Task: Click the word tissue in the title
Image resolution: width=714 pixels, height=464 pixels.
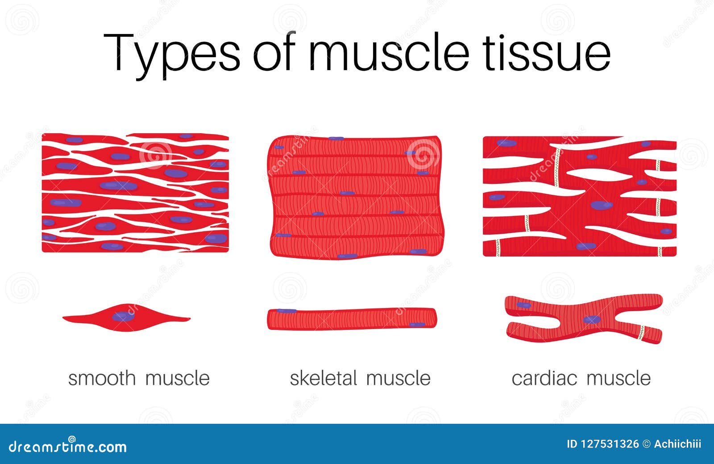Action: click(x=546, y=51)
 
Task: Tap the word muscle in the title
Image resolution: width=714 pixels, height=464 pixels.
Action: click(x=389, y=51)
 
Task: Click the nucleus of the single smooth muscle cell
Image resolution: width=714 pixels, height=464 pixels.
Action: click(x=123, y=316)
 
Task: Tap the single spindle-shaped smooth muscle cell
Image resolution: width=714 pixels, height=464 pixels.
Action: click(x=127, y=318)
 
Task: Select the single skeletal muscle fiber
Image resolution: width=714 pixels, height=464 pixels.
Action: click(x=352, y=318)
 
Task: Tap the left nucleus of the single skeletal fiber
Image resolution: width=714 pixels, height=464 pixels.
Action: click(x=286, y=311)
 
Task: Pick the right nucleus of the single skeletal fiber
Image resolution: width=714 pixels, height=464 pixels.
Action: click(x=417, y=325)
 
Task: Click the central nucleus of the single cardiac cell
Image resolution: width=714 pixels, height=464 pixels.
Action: click(x=592, y=319)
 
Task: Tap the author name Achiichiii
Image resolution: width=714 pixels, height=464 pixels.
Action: click(x=677, y=444)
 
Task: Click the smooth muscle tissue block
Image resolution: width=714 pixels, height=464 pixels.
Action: click(x=135, y=193)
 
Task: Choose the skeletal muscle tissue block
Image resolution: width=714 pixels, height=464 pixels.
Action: click(x=356, y=197)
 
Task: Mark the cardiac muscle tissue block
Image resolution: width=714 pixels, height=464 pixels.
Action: click(x=580, y=196)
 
